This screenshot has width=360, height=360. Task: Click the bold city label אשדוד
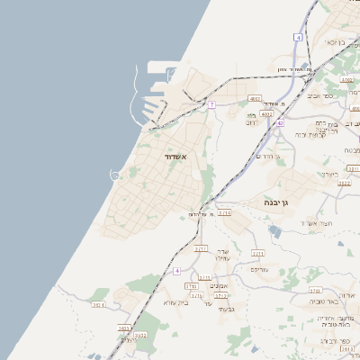coord(175,157)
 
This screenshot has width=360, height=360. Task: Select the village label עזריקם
coord(259,268)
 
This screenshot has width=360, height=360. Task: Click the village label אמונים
coord(219,285)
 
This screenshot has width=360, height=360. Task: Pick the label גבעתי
coord(226,309)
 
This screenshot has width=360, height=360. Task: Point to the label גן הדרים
coord(269,157)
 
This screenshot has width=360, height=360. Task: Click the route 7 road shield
coord(211,104)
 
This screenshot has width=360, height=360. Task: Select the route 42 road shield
coord(281,122)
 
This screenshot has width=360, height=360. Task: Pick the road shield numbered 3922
coord(343,182)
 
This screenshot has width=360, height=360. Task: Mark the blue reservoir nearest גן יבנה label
coord(274,230)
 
